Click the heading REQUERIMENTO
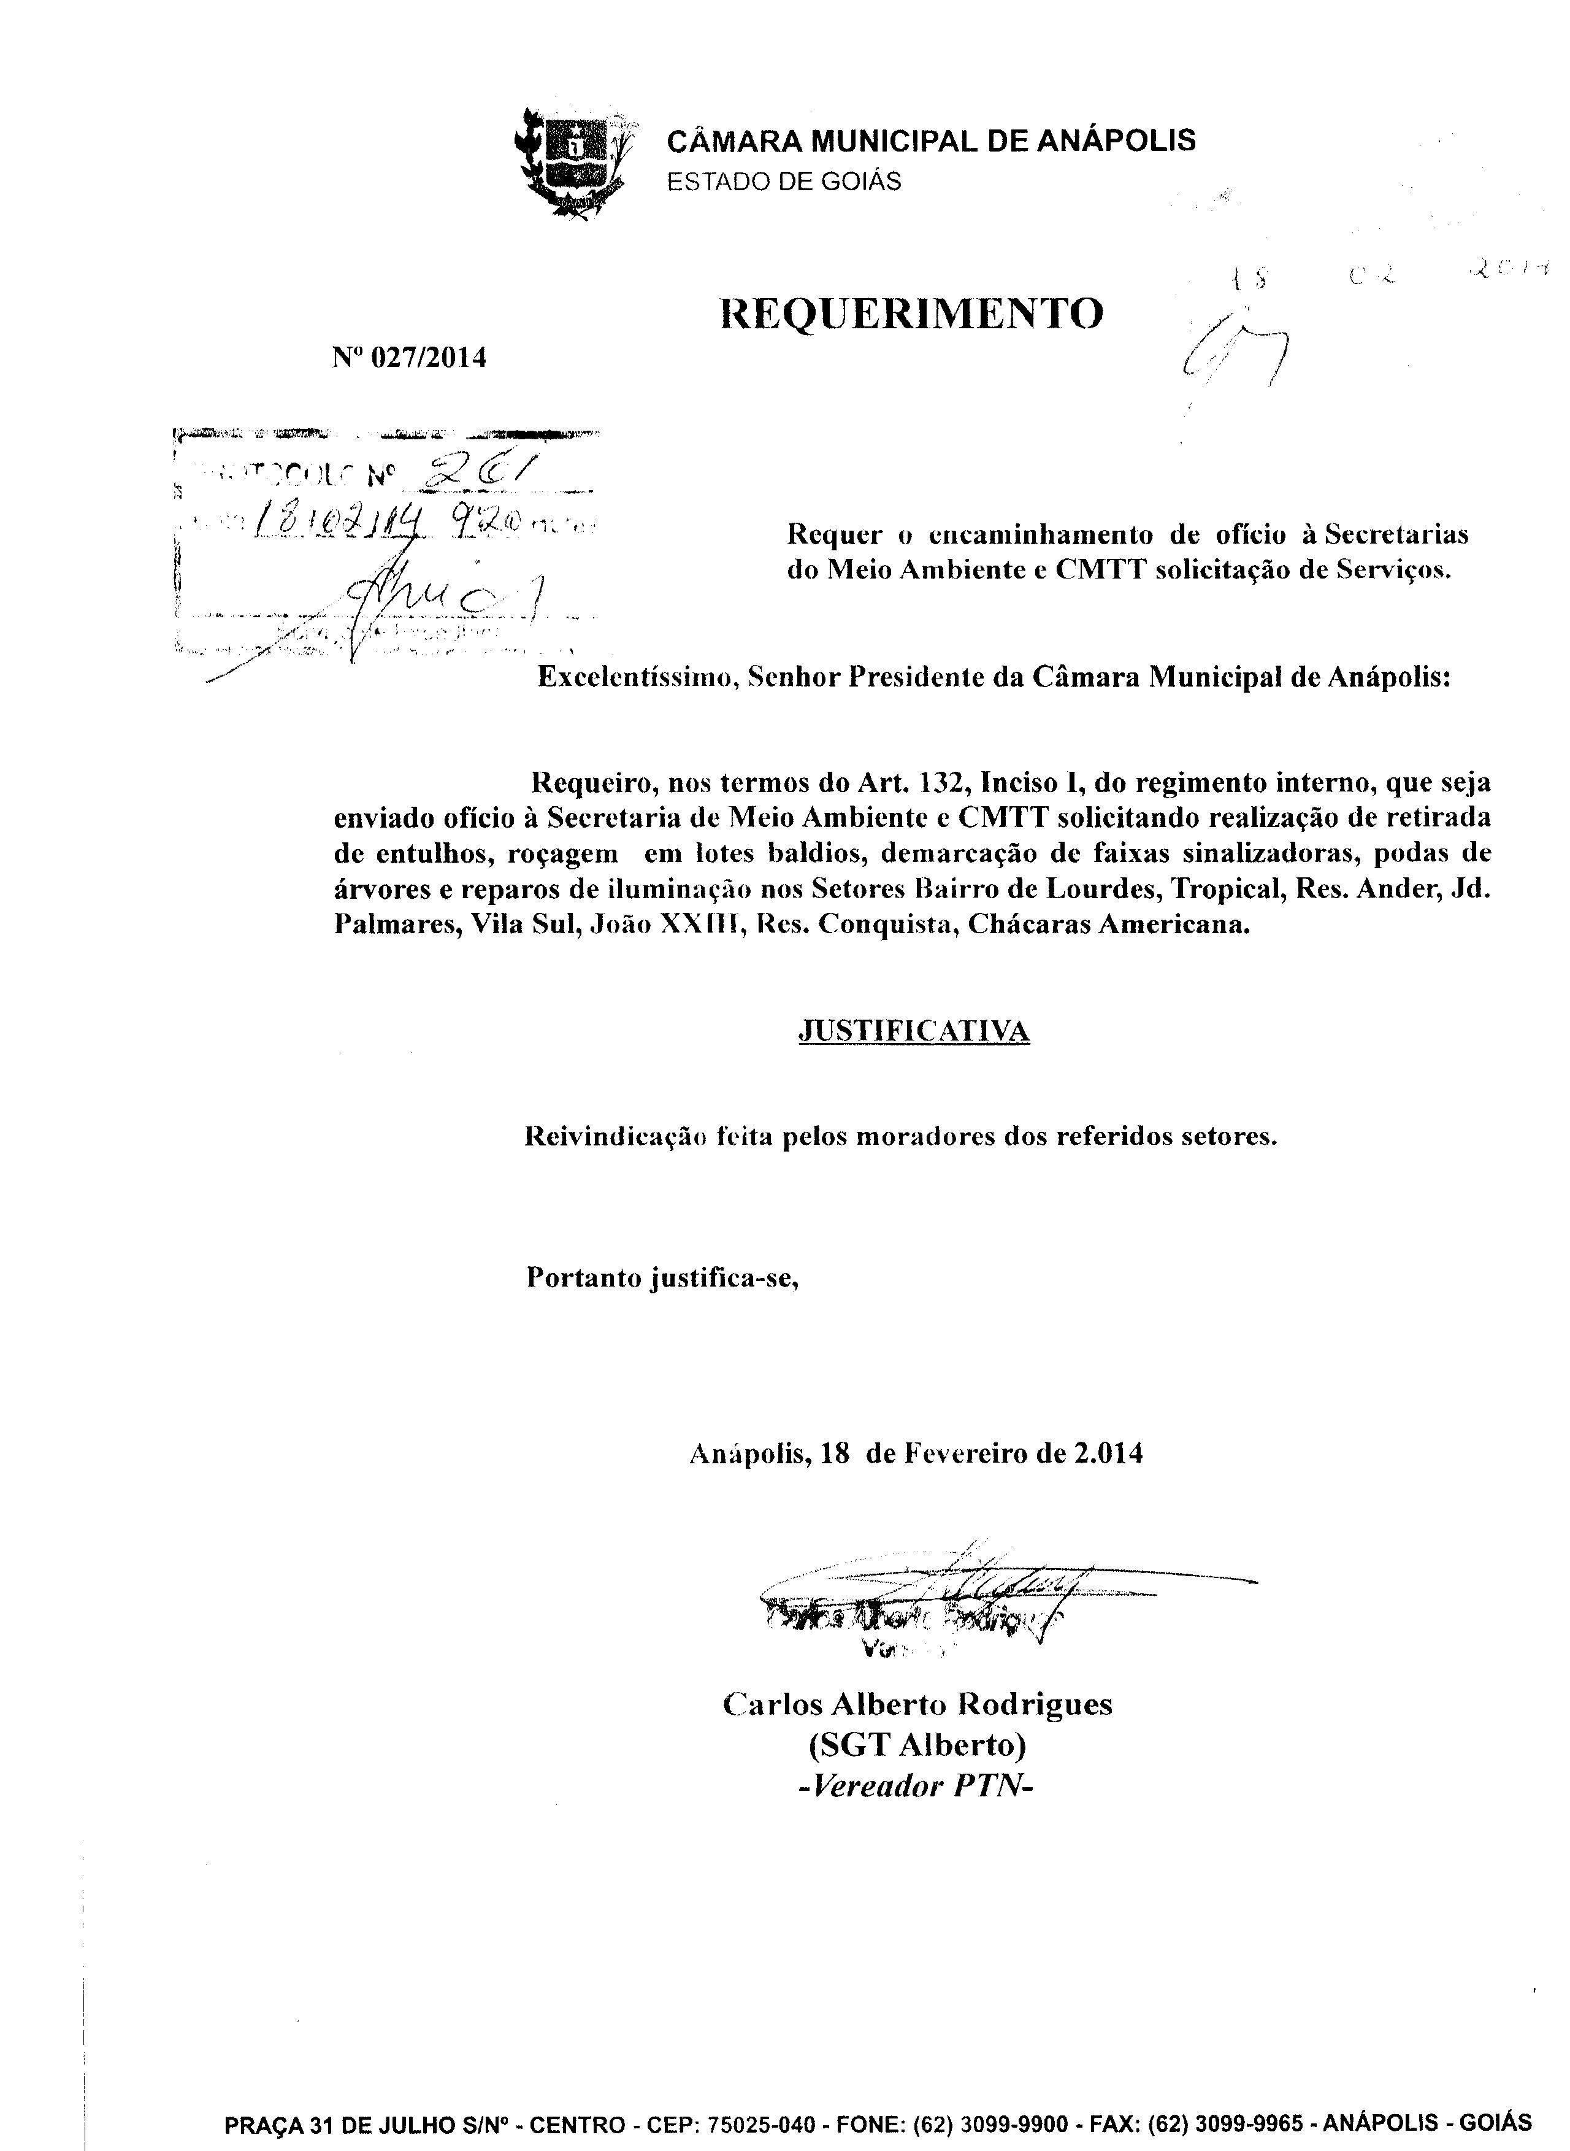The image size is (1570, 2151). (913, 313)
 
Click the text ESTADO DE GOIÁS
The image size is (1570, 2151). (784, 182)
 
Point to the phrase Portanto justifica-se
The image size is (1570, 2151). (662, 1277)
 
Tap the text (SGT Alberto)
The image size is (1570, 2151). (917, 1745)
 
